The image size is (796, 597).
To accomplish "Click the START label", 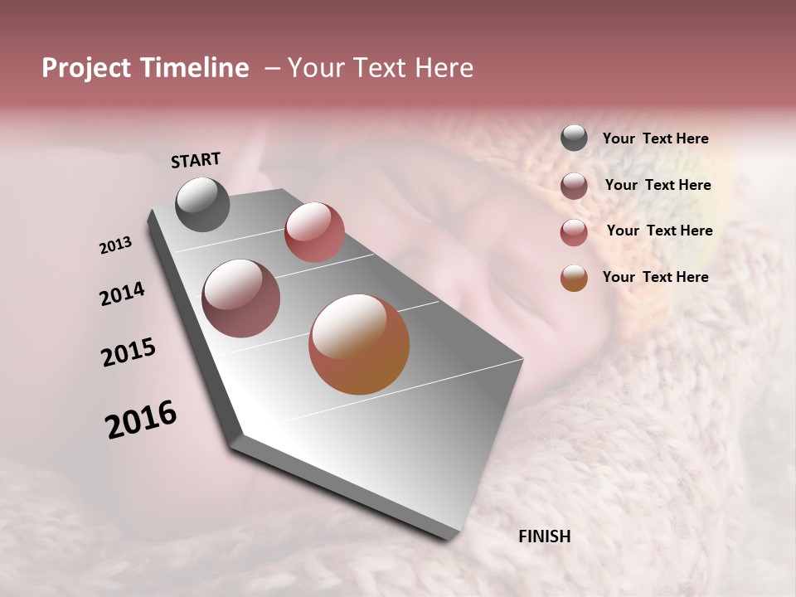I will (x=196, y=160).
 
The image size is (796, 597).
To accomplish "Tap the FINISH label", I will (x=544, y=536).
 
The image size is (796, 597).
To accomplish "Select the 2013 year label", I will (x=116, y=245).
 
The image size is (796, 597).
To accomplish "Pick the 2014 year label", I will (x=122, y=294).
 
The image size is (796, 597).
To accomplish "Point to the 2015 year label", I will (x=129, y=352).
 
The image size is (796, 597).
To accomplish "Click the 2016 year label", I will (x=141, y=420).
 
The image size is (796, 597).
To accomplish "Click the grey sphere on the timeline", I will (x=202, y=204).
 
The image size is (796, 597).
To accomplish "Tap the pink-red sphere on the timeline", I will (x=314, y=232).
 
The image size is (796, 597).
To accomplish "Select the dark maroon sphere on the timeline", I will (x=240, y=298).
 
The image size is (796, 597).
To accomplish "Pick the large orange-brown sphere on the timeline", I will (x=359, y=344).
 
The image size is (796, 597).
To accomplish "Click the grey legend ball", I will (x=574, y=138).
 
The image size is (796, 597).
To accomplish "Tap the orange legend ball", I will (x=574, y=278).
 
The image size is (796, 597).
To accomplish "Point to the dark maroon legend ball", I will (x=574, y=186).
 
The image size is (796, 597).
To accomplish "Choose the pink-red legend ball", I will (x=574, y=232).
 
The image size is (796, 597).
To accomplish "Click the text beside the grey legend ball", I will (x=655, y=138).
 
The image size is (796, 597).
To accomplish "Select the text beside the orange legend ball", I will (x=655, y=277).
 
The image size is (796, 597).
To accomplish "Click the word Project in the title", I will (x=86, y=69).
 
